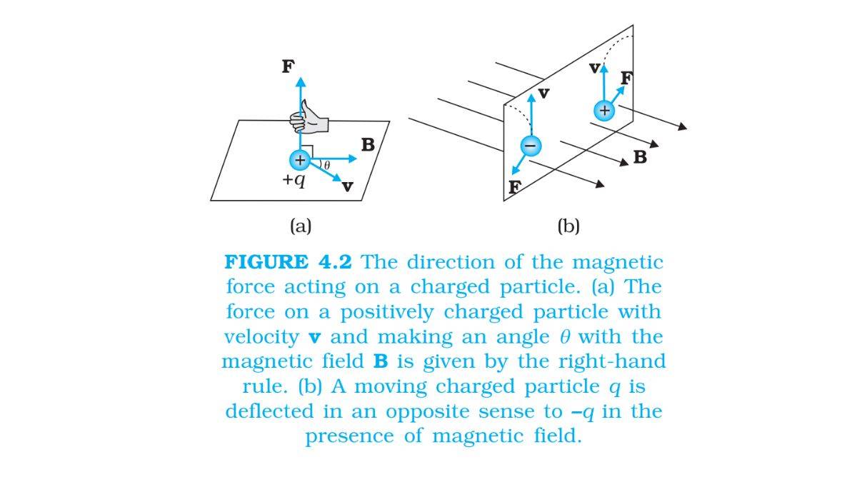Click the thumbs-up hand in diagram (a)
coord(309,118)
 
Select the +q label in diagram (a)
coord(293,179)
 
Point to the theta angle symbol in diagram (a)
coord(326,166)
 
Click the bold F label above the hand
coord(288,66)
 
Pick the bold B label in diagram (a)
coord(368,145)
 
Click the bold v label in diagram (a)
coord(347,186)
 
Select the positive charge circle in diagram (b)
coord(604,111)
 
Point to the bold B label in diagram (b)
coord(640,156)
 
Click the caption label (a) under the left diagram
coord(301,226)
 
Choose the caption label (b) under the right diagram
coord(568,226)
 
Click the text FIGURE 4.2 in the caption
coord(289,262)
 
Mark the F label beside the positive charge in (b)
coord(626,77)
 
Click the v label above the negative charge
coord(544,94)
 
